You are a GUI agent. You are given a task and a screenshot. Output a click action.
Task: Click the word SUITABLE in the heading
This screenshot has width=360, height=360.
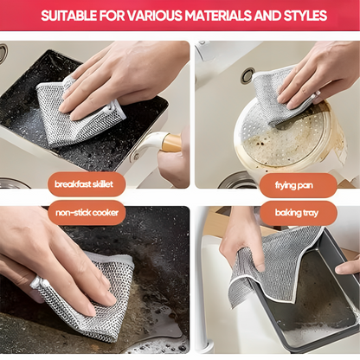point(71,16)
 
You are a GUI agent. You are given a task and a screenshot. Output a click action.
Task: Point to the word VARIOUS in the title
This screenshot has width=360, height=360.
point(151,16)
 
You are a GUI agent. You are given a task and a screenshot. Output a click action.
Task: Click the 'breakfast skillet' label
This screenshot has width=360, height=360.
point(85,184)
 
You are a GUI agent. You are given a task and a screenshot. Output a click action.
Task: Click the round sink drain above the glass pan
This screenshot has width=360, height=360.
point(248,76)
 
